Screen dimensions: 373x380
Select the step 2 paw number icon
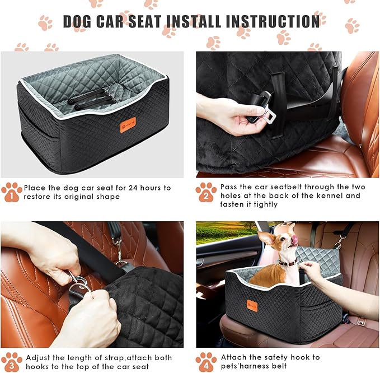pos(206,193)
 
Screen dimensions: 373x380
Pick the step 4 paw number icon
pos(206,362)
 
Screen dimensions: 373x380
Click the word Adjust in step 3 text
pos(40,357)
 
